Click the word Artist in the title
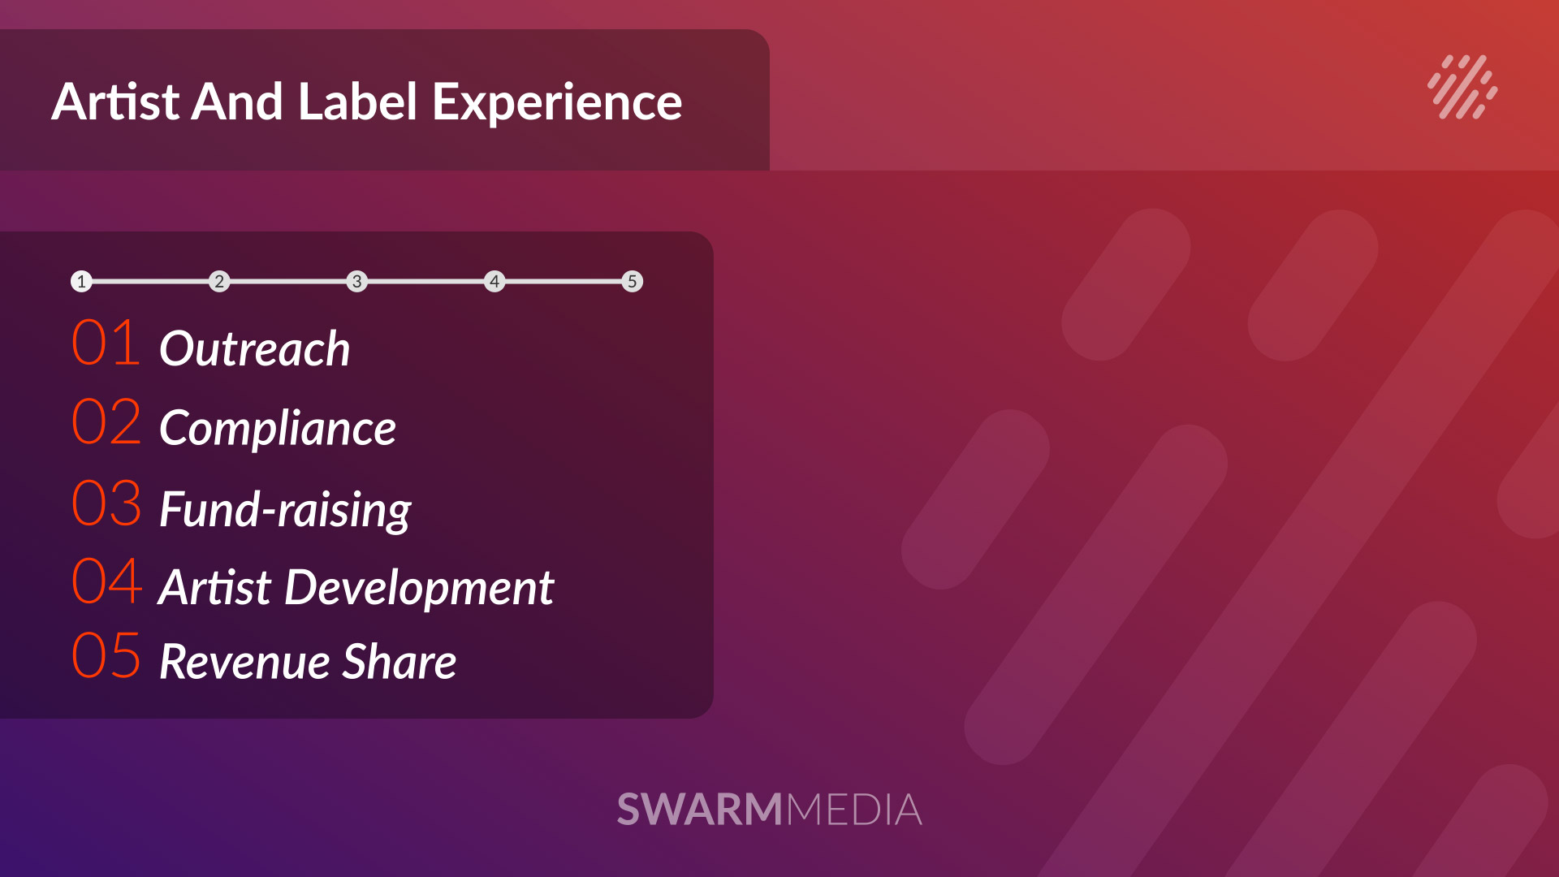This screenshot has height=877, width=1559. pyautogui.click(x=115, y=102)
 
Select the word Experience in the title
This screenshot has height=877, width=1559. pyautogui.click(x=557, y=104)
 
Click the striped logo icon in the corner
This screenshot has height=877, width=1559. pyautogui.click(x=1462, y=87)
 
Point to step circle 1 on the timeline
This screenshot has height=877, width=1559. pyautogui.click(x=81, y=282)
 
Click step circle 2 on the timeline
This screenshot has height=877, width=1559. pyautogui.click(x=219, y=282)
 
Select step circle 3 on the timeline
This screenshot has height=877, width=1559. pyautogui.click(x=357, y=282)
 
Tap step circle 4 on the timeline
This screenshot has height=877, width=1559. pyautogui.click(x=494, y=282)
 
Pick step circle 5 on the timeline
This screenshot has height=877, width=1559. pyautogui.click(x=633, y=282)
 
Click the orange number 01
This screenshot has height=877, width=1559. pyautogui.click(x=106, y=343)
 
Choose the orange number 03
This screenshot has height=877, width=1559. pyautogui.click(x=106, y=503)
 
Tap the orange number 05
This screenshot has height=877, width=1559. pyautogui.click(x=106, y=655)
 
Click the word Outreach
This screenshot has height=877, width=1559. pyautogui.click(x=255, y=348)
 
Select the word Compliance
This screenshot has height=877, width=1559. pyautogui.click(x=278, y=429)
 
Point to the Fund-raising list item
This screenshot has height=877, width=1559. pyautogui.click(x=286, y=510)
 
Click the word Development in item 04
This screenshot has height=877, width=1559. pyautogui.click(x=419, y=588)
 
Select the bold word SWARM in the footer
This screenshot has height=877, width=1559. pyautogui.click(x=700, y=810)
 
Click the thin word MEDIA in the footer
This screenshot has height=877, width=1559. pyautogui.click(x=854, y=810)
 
